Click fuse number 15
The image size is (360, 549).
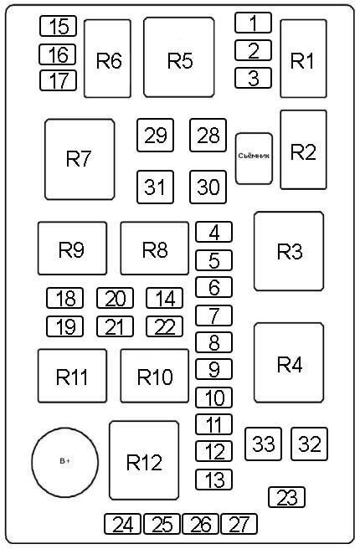[58, 26]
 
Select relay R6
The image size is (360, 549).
[107, 59]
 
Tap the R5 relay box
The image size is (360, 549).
[179, 57]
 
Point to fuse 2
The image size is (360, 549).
[253, 50]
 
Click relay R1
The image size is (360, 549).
[303, 59]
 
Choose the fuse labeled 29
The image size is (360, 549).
[155, 135]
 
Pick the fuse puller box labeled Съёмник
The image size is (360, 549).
[254, 159]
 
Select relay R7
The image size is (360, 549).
[80, 159]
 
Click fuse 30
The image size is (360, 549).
[208, 187]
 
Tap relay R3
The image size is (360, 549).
[289, 251]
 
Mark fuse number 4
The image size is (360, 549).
[213, 232]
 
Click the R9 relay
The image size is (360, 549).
[72, 249]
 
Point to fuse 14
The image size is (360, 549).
[164, 298]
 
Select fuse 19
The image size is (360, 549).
[64, 326]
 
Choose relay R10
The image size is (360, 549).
[155, 376]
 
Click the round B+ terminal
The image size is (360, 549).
[65, 462]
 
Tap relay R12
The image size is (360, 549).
[144, 460]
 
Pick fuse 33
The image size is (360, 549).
[264, 444]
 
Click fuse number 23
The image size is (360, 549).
[287, 497]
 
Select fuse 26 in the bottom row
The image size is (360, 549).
[201, 524]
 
